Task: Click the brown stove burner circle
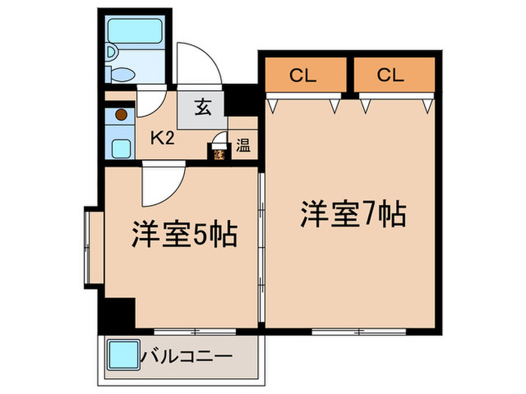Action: pyautogui.click(x=119, y=116)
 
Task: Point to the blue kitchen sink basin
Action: pyautogui.click(x=120, y=145)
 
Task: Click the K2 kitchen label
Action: pyautogui.click(x=165, y=138)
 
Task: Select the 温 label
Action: pyautogui.click(x=243, y=145)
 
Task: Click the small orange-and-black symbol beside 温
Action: pyautogui.click(x=219, y=155)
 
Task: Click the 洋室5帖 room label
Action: pyautogui.click(x=185, y=236)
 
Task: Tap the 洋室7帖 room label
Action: pyautogui.click(x=353, y=215)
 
